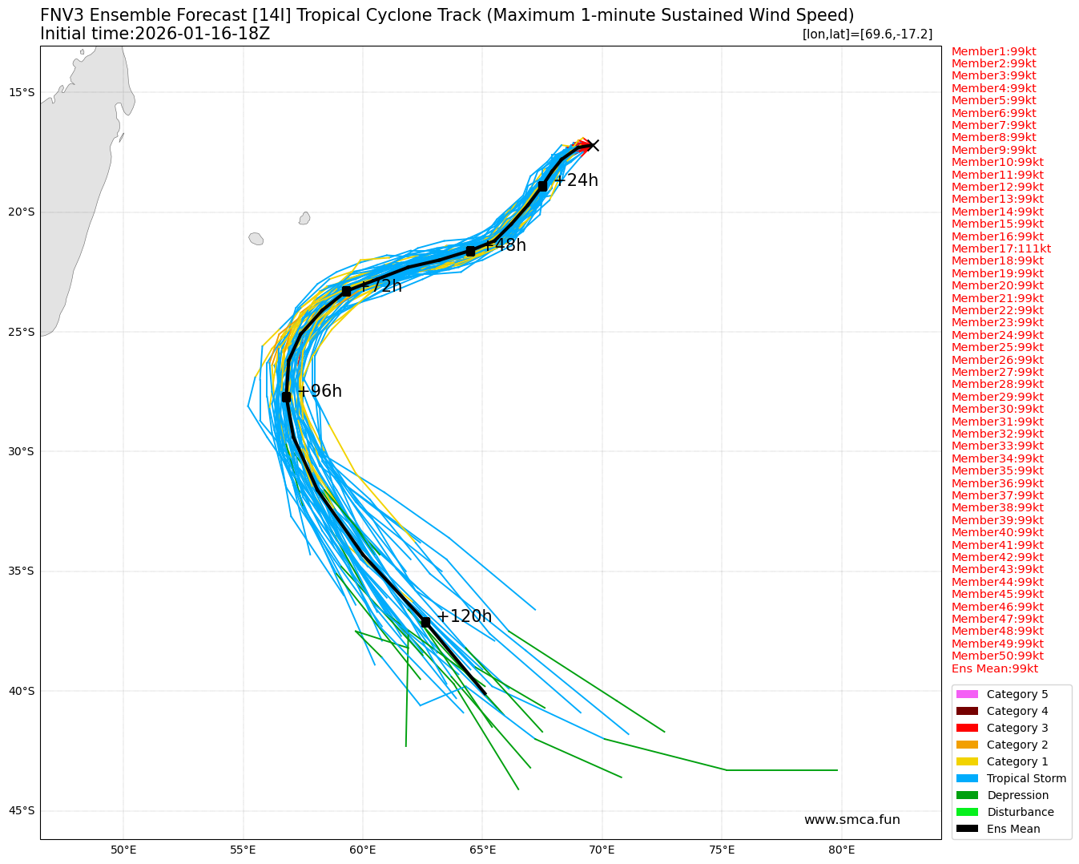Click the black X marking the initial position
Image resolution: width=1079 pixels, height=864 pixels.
(592, 145)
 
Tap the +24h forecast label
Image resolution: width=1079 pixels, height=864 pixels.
(576, 180)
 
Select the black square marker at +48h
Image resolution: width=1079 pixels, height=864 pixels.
(470, 251)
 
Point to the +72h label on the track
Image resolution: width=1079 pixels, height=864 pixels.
(380, 286)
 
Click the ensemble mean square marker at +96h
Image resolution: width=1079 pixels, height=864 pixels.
(286, 397)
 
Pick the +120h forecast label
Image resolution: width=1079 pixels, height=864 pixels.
(464, 616)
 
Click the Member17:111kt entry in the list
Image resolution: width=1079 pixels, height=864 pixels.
(1000, 248)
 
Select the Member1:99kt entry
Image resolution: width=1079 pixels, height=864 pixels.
(993, 51)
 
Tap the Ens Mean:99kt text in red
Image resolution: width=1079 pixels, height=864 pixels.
(994, 668)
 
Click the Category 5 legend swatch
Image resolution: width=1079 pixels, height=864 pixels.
(967, 694)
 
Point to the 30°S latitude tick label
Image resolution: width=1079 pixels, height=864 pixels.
(21, 451)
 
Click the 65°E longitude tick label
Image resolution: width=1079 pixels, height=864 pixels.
(482, 850)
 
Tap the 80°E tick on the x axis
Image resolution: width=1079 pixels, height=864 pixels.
(841, 850)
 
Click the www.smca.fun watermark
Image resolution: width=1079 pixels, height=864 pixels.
(852, 819)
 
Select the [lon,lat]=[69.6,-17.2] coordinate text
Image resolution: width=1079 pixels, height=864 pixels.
(867, 34)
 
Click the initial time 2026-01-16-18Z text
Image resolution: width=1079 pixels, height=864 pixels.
(155, 34)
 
